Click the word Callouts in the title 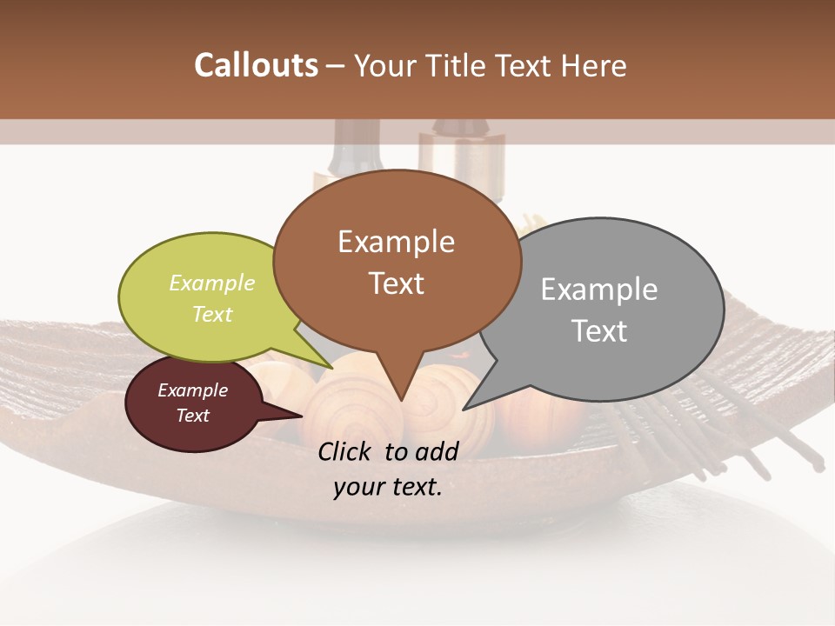coord(256,65)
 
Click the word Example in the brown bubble coord(396,242)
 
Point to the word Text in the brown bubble coord(396,283)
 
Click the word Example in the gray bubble coord(598,290)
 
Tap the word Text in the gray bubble coord(598,331)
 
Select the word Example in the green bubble coord(211,283)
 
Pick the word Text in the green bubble coord(211,314)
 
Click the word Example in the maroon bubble coord(192,390)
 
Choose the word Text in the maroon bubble coord(192,416)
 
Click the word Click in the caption coord(345,451)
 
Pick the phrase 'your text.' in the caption coord(387,487)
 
